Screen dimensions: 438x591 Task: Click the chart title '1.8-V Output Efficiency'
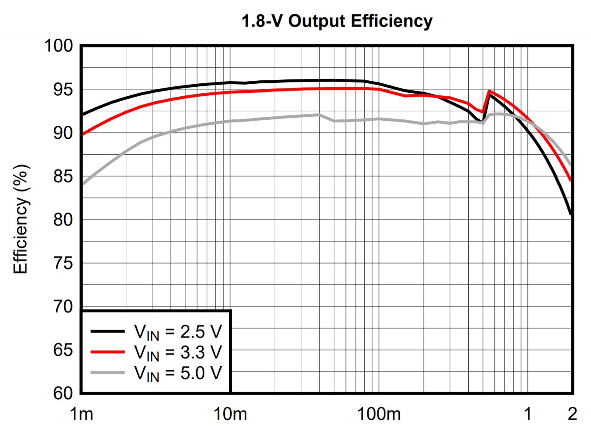(337, 21)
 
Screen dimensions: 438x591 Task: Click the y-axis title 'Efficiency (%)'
(21, 219)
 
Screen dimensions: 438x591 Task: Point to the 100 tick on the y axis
(59, 46)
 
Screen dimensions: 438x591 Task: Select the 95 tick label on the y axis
(63, 89)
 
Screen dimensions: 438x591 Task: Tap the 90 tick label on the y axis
(63, 133)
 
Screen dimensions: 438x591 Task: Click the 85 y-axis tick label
(63, 176)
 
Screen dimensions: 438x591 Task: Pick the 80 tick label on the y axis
(63, 219)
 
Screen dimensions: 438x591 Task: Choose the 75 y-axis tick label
(63, 263)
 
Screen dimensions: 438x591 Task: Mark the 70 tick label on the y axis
(63, 307)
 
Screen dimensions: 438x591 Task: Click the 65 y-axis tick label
(63, 350)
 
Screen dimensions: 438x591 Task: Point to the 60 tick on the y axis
(63, 393)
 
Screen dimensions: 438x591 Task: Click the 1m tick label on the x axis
(82, 414)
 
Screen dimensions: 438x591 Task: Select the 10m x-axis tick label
(230, 414)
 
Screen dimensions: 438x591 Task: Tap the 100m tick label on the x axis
(379, 414)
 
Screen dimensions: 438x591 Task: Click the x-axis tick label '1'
(527, 414)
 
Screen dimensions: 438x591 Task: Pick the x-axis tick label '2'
(572, 414)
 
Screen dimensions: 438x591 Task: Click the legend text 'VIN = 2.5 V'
(178, 332)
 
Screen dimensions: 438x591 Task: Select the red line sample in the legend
(108, 352)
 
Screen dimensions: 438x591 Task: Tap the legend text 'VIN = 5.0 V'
(178, 373)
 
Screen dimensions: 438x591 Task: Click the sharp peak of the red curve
(489, 91)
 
